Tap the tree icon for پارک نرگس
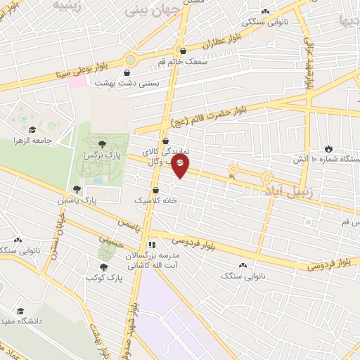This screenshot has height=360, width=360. pos(103,143)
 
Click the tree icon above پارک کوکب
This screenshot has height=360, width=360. pos(104,266)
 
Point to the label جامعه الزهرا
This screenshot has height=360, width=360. pos(34,140)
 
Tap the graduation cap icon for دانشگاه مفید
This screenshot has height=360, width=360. pos(20,310)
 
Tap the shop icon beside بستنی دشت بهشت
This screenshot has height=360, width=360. pos(127,72)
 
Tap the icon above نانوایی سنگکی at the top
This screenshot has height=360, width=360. pos(265,11)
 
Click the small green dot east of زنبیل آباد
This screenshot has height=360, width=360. pos(307,222)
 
